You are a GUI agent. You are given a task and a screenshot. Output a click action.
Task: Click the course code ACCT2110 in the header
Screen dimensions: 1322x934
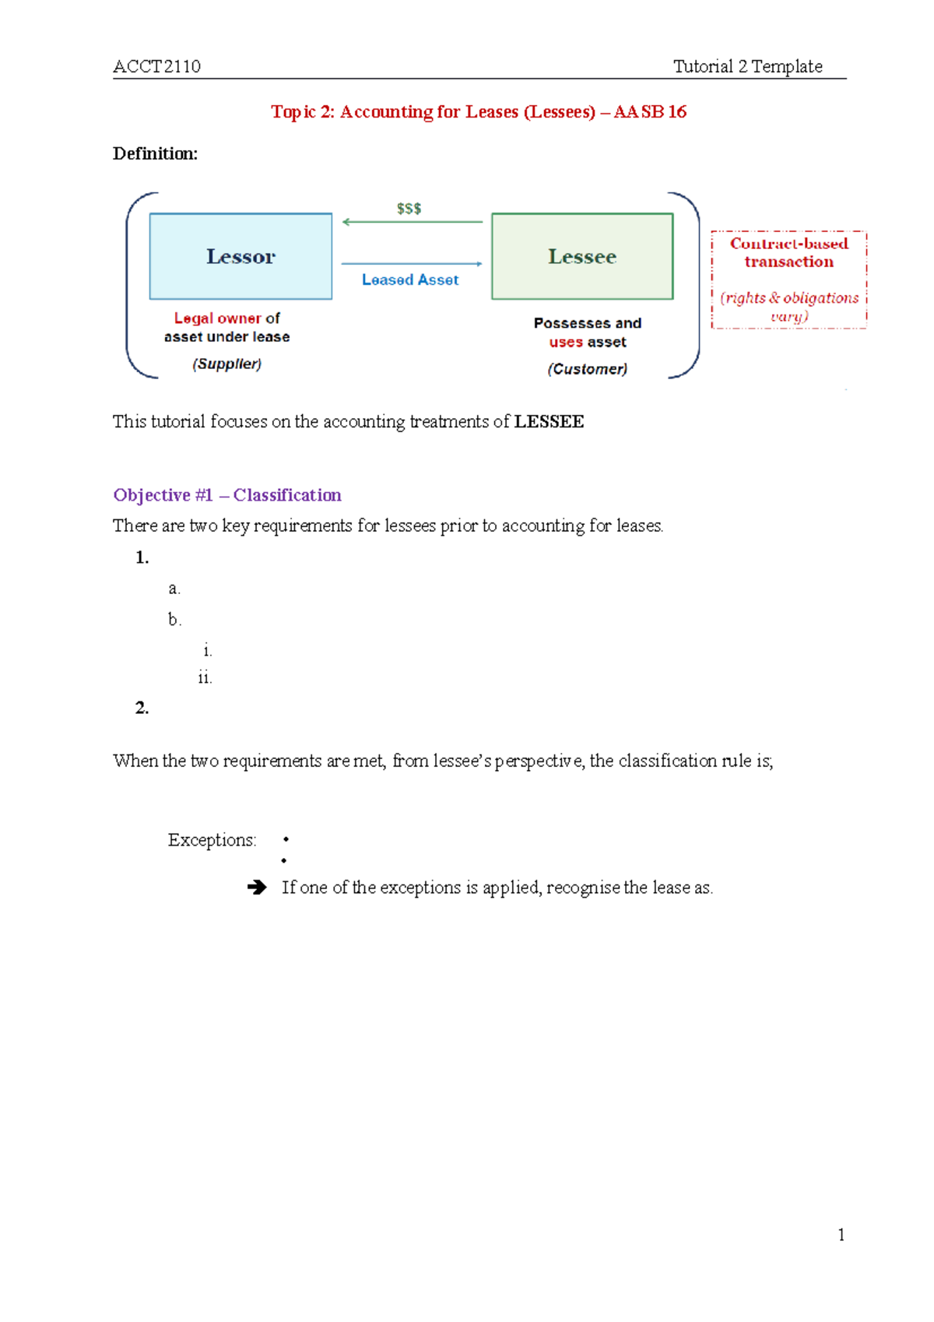(x=156, y=67)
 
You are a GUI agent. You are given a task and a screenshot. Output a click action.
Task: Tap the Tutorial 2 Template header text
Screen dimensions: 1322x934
(x=747, y=67)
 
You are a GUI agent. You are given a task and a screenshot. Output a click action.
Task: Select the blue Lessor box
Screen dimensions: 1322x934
(x=241, y=256)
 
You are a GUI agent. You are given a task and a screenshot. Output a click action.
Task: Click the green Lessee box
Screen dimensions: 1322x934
(x=582, y=256)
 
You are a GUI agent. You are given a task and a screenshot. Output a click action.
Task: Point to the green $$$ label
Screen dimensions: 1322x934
(x=409, y=209)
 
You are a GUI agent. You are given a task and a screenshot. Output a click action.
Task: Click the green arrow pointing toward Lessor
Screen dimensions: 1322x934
(x=413, y=222)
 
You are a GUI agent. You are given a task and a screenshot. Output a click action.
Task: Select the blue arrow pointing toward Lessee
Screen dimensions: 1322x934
(x=412, y=264)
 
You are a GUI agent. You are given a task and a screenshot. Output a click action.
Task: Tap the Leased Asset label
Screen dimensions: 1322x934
(x=410, y=280)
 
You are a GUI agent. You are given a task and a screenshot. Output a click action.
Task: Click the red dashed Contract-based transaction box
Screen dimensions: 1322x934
(x=788, y=279)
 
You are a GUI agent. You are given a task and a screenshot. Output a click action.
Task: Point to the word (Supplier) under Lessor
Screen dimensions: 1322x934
(x=226, y=364)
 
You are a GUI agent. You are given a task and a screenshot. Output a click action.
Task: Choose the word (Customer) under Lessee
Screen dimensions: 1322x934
(x=587, y=369)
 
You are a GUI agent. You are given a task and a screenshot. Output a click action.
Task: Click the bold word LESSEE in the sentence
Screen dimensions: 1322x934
(x=549, y=422)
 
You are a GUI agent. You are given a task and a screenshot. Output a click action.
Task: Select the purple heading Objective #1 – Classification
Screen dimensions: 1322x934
(x=227, y=495)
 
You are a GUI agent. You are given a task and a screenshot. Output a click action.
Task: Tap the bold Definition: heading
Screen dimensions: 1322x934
(x=155, y=154)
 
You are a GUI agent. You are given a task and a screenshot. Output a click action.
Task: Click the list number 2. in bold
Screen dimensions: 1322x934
(x=142, y=708)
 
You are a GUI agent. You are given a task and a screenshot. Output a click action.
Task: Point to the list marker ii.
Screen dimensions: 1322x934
(x=205, y=678)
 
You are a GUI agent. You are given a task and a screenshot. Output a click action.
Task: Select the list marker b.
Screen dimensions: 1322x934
(x=174, y=620)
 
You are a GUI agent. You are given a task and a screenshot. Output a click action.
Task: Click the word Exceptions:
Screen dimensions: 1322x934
(x=212, y=840)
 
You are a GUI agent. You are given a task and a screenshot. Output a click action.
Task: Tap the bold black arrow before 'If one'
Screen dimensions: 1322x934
(x=257, y=888)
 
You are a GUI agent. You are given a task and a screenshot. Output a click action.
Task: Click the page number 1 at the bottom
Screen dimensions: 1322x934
(x=841, y=1235)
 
